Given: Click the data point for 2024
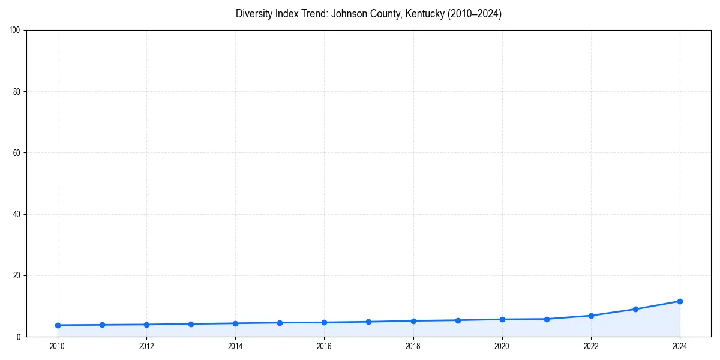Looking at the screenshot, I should [x=680, y=301].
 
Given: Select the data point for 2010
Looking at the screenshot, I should [x=58, y=325].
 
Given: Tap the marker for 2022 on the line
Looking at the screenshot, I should [x=591, y=316].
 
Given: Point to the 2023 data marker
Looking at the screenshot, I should [x=635, y=309].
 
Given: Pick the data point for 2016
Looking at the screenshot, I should [x=324, y=322].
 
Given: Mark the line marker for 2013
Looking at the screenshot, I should [x=191, y=324].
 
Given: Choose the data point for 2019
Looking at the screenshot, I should [x=458, y=320].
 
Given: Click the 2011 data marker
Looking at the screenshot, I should [x=102, y=325].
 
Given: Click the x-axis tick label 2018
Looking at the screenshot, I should [x=413, y=346].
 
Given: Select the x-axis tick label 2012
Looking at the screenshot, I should [x=146, y=346].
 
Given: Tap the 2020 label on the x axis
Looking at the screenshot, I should [x=502, y=346].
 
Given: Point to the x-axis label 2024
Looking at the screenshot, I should [x=680, y=346].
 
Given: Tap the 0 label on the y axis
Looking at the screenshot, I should [x=19, y=337].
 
